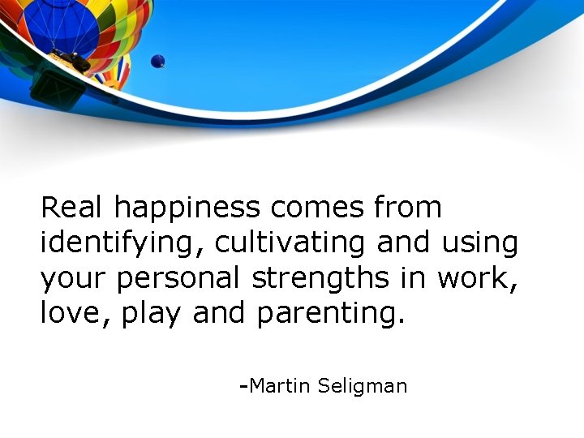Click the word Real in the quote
[73, 208]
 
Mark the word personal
[179, 279]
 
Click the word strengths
[320, 278]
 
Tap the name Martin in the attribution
[279, 385]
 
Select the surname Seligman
[362, 387]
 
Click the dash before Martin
[243, 385]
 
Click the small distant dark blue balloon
[157, 61]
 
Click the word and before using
[405, 243]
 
